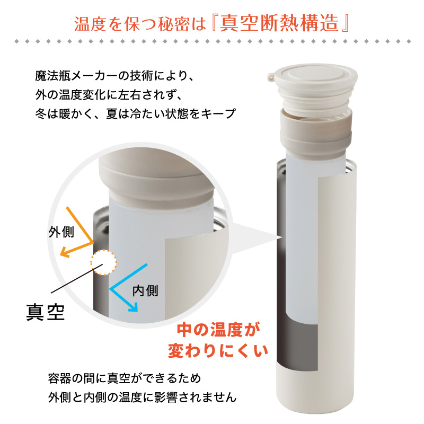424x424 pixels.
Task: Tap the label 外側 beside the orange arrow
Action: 61,232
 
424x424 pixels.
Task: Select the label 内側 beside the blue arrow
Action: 145,291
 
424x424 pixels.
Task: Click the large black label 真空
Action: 46,312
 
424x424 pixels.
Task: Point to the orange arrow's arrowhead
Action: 64,252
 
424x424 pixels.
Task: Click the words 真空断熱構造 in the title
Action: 279,23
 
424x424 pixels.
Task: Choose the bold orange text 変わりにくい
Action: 218,351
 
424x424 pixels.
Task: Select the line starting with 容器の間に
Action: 125,378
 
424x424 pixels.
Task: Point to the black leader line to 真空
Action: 77,278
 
